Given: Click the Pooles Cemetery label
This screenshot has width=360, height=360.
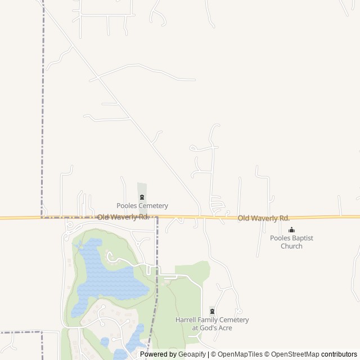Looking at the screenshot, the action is (142, 206).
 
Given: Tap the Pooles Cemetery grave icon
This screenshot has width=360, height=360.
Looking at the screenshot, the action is (142, 197).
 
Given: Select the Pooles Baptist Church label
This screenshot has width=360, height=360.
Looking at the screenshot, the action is (291, 242).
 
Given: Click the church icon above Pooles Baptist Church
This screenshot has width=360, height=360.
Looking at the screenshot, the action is (291, 229).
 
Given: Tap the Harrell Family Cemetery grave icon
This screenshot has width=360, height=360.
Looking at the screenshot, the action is (212, 311).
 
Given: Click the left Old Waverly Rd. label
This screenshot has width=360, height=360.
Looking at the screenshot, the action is (123, 217).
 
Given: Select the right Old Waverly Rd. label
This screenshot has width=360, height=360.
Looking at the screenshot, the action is (263, 218).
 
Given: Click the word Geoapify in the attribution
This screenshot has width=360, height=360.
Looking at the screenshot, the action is (191, 354).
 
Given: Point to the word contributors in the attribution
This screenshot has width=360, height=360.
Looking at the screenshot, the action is (339, 354).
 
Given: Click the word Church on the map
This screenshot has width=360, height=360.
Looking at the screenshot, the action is (291, 246).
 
